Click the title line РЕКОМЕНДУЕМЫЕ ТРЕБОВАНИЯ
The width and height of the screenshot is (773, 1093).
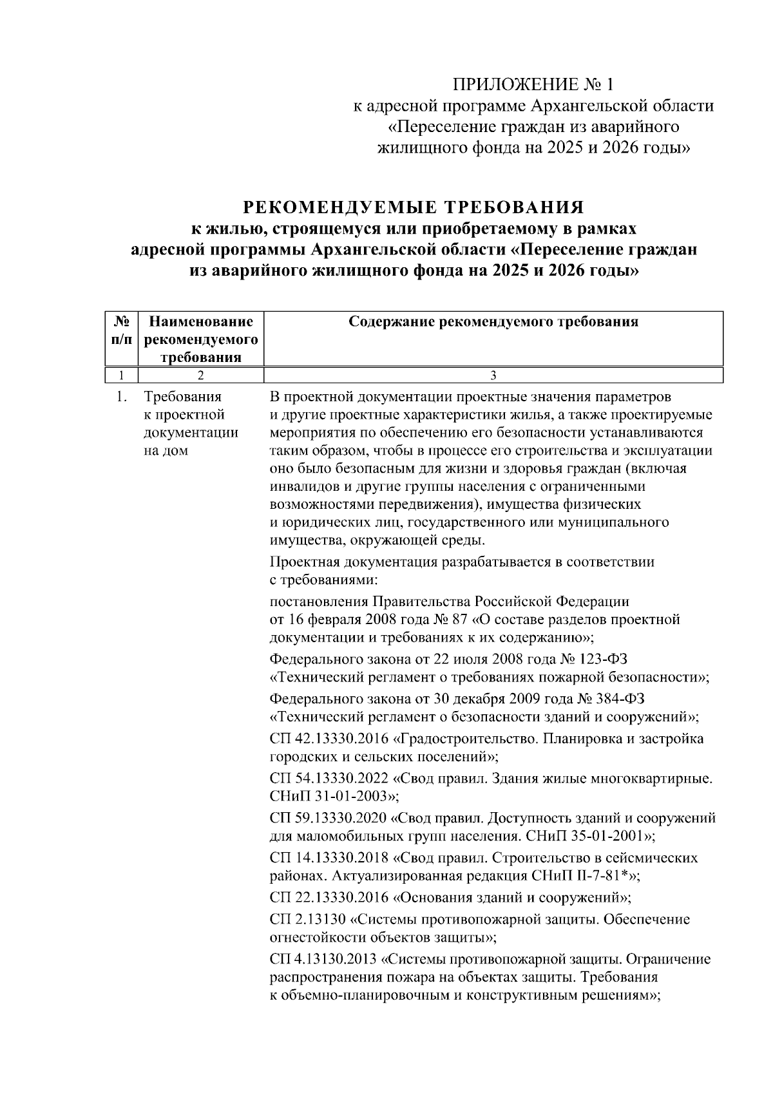pyautogui.click(x=413, y=207)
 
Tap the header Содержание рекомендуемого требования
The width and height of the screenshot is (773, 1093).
pyautogui.click(x=493, y=321)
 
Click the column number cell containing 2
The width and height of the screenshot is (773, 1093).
pyautogui.click(x=200, y=375)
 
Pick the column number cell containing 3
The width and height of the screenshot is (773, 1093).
pyautogui.click(x=493, y=375)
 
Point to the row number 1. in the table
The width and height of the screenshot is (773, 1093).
pyautogui.click(x=121, y=397)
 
